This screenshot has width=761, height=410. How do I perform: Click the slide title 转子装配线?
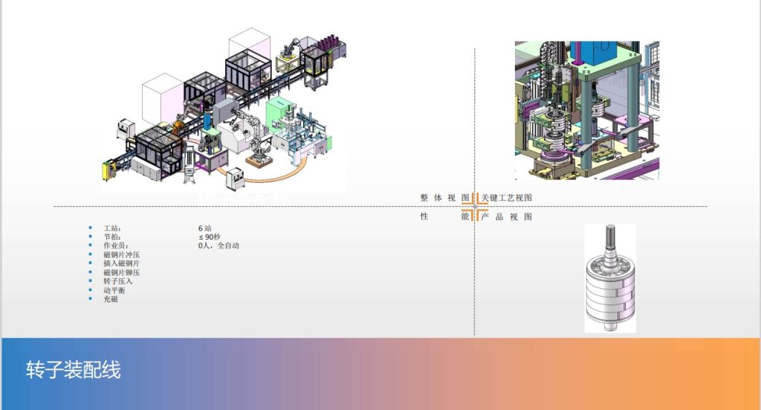coord(73,370)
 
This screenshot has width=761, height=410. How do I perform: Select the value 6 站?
coord(205,228)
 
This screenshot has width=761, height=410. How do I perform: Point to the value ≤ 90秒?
coord(211,237)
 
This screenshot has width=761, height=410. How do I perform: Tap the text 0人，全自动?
coord(218,246)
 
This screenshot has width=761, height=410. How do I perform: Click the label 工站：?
coord(111,228)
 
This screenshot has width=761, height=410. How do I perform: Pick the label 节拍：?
coord(111,237)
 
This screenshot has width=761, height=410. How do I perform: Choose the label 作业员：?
coord(115,246)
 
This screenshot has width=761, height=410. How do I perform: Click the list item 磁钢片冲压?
coord(121,254)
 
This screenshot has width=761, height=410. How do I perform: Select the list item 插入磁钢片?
coord(121,263)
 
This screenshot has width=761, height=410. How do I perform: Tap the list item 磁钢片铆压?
coord(121,272)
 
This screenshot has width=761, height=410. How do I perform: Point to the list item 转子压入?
coord(117,281)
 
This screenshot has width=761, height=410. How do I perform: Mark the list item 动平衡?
coord(114,290)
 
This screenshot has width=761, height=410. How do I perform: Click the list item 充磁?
coord(110,299)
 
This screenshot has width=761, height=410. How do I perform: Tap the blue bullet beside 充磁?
coord(91,299)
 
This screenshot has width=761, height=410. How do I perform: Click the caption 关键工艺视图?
coord(507,198)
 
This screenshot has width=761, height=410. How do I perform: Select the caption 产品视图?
coord(507,217)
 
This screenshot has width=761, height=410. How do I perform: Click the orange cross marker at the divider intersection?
coord(475,206)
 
